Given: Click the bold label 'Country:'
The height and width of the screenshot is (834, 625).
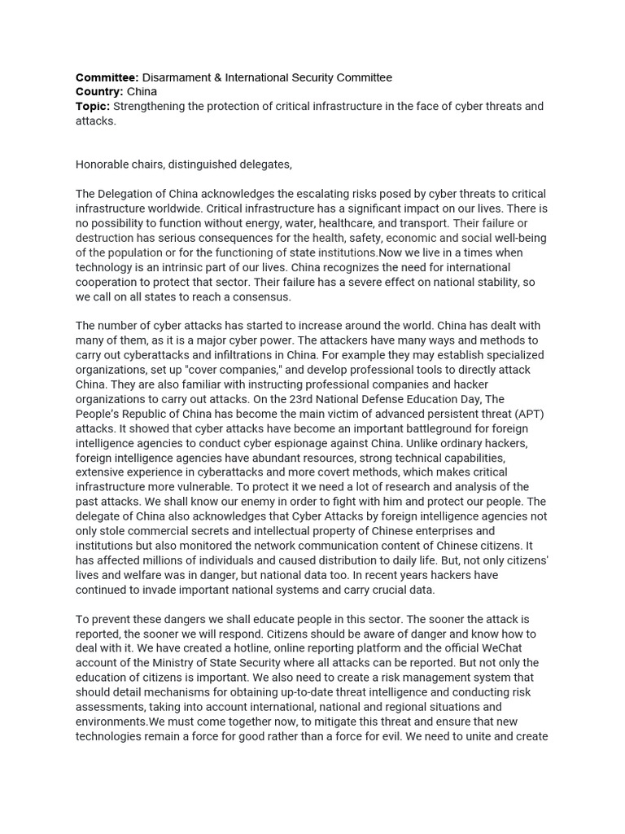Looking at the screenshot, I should pyautogui.click(x=99, y=92).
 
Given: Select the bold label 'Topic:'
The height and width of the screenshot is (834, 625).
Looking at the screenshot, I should pyautogui.click(x=93, y=107).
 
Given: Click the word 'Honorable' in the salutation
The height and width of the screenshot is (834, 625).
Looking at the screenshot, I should pyautogui.click(x=103, y=165).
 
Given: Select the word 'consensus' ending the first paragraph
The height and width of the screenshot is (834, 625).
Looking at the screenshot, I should pyautogui.click(x=261, y=296).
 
